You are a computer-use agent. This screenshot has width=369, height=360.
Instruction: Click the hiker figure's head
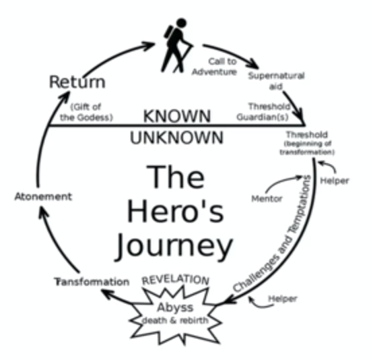coord(181,23)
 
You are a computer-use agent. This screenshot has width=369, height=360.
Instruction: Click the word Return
coord(77,82)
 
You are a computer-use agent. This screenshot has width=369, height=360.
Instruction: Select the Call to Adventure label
coord(215,67)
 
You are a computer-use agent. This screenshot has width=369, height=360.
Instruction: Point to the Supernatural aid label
coord(277,81)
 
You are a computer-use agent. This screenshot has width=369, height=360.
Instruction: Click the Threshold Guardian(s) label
coord(263,112)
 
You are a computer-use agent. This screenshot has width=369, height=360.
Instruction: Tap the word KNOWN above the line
coord(177,116)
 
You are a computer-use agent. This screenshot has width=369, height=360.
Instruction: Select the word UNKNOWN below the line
coord(176,138)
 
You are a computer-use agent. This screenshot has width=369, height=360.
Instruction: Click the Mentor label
coord(267,199)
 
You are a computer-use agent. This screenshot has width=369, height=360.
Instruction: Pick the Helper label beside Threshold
coord(335,181)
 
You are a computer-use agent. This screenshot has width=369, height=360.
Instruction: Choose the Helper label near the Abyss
coord(283,299)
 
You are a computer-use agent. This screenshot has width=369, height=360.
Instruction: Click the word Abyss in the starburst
coord(175,307)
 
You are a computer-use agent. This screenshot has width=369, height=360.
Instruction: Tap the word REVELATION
coord(176,280)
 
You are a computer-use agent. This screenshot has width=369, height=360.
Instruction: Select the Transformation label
coord(92,282)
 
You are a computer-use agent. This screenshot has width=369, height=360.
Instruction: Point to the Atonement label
coord(43,196)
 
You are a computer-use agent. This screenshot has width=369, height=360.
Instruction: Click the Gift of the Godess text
coord(86,112)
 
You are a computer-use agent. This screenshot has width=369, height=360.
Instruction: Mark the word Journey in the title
coord(174,247)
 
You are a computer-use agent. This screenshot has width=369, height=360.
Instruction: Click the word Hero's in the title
coord(176,210)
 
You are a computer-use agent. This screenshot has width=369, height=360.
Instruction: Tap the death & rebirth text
coord(175,320)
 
